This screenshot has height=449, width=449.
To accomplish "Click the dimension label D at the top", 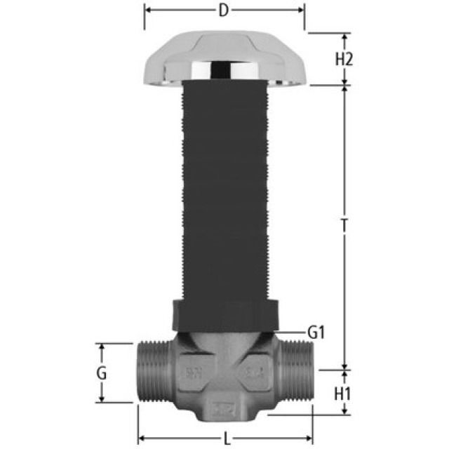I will pos(224,11).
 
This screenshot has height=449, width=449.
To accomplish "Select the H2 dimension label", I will pos(343,59).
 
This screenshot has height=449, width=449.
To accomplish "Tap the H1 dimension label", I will pos(343,394).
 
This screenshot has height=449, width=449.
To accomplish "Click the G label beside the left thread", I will pos(102,373).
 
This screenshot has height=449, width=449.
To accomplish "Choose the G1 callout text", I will pos(317,332).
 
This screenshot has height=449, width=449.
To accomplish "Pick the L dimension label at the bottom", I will pos(226,439).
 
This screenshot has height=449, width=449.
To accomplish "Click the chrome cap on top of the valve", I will pos(224,59).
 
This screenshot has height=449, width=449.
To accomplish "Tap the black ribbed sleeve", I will pos(224,189).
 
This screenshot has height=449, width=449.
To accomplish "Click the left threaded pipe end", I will pos(153,374).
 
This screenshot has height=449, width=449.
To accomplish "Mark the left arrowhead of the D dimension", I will pos(148,11).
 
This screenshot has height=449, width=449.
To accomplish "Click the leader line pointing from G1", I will pos(291,331).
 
